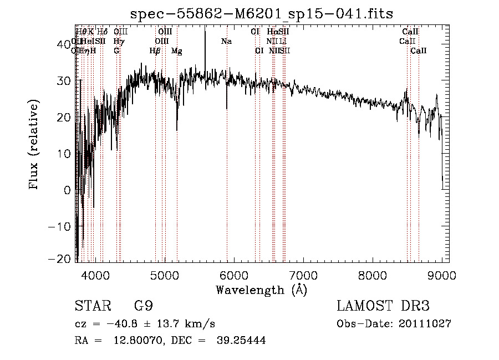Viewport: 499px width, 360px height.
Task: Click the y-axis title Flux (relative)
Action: [x=34, y=145]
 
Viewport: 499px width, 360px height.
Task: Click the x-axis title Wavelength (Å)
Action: [x=261, y=290]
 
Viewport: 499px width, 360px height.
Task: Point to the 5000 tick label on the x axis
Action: [x=164, y=275]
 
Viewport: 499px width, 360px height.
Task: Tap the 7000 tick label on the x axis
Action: [x=303, y=275]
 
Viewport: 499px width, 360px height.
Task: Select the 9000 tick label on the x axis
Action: [x=441, y=275]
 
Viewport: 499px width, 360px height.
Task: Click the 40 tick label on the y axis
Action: [x=65, y=44]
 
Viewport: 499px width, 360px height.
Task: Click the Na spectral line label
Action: [x=226, y=42]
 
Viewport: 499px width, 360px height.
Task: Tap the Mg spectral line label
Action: [x=177, y=51]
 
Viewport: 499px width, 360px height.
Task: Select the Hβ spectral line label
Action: [x=155, y=51]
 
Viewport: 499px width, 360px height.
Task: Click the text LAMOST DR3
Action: [x=383, y=306]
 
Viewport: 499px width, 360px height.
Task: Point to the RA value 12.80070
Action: [x=133, y=341]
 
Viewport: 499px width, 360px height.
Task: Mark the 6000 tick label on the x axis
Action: [x=233, y=275]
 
